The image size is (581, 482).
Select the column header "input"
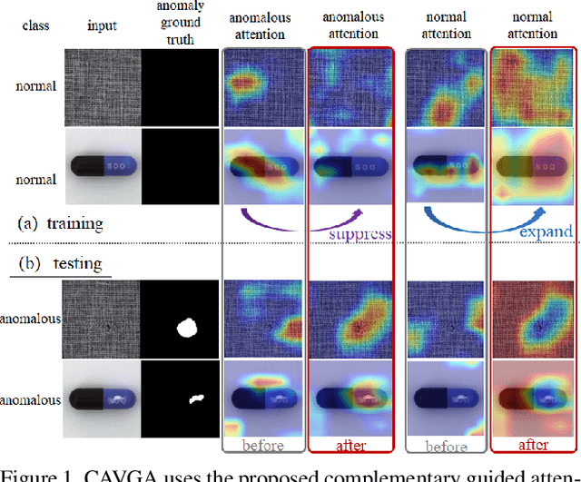pos(103,25)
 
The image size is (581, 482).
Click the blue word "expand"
pos(546,231)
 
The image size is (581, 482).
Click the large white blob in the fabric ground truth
pos(189,326)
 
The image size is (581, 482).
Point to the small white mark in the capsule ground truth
pos(195,398)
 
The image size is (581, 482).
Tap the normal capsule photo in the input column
pos(103,170)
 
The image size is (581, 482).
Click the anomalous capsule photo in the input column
pos(103,398)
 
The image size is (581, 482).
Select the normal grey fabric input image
pos(103,86)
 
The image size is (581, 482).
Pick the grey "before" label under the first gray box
pos(264,445)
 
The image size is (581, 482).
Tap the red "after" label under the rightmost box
pos(535,445)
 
